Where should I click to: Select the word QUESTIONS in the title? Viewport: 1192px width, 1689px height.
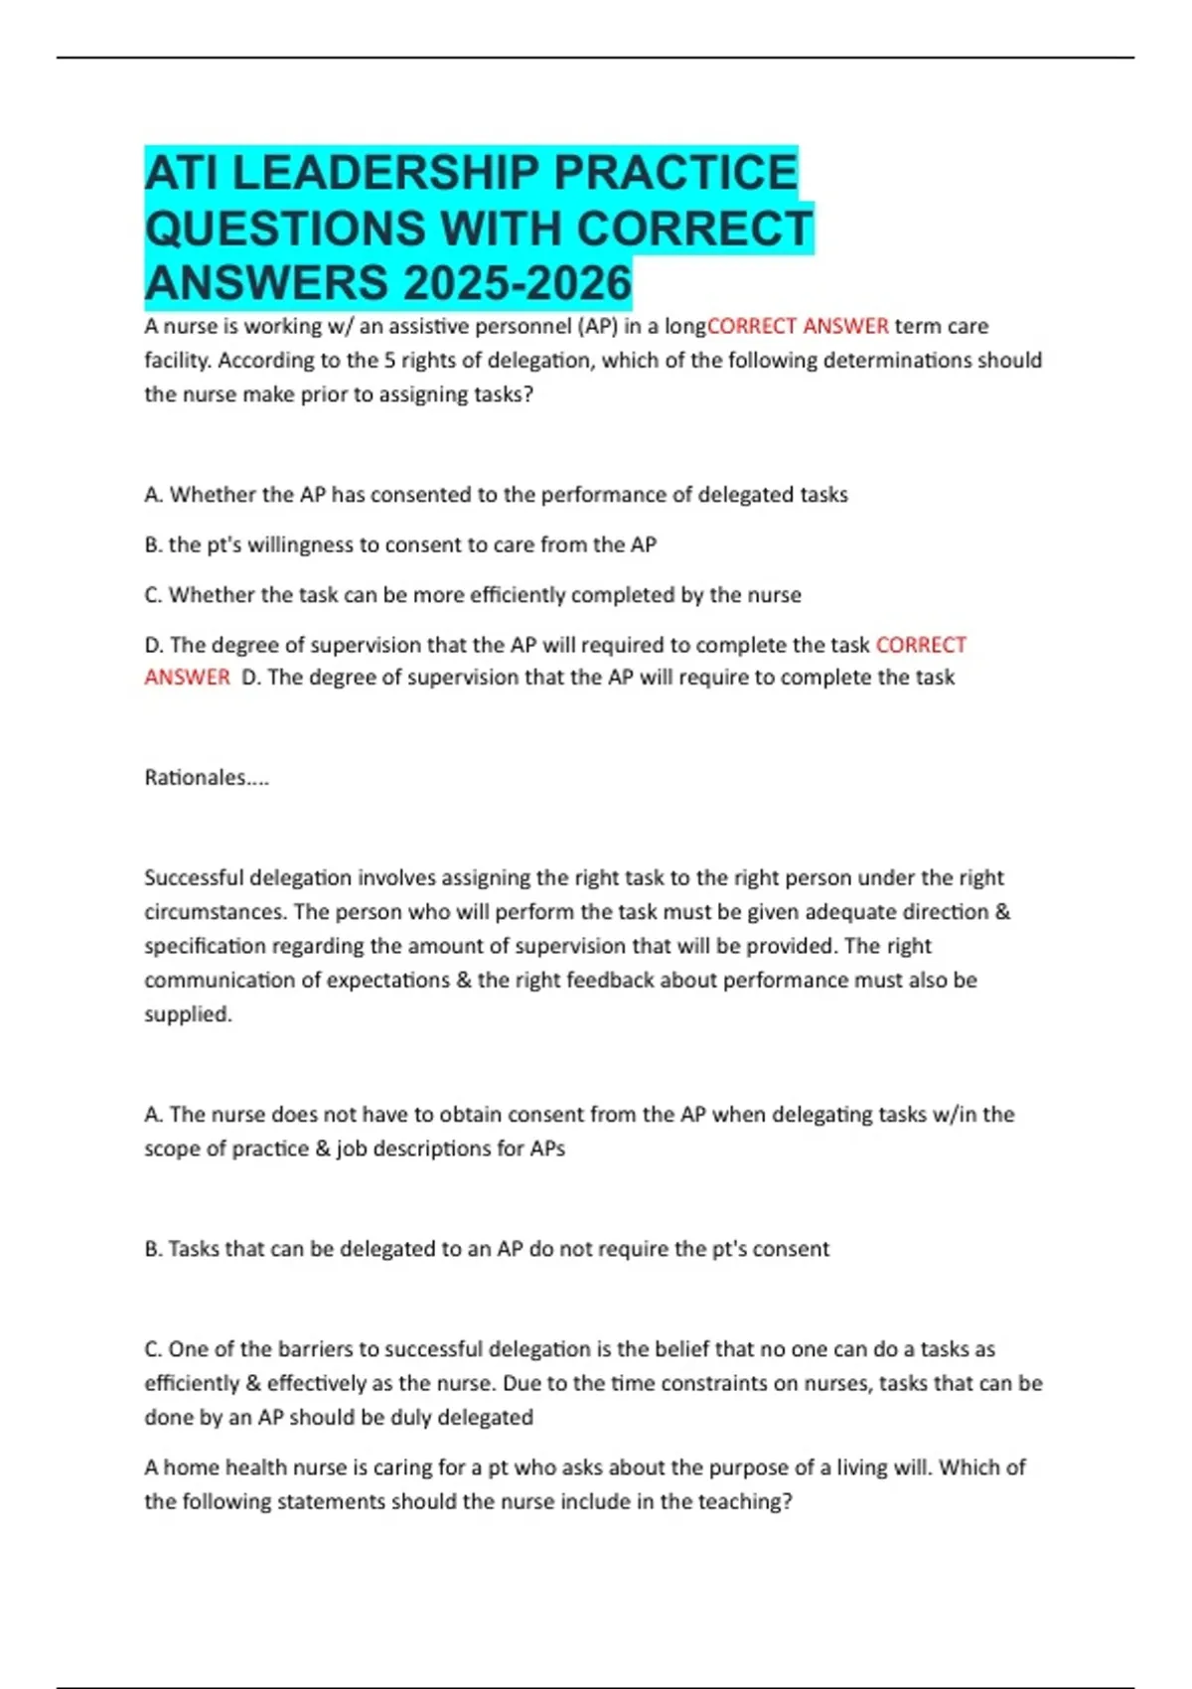284,229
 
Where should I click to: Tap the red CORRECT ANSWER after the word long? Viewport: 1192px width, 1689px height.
798,327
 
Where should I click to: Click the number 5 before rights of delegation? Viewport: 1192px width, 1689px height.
390,361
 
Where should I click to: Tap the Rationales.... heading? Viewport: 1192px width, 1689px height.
207,778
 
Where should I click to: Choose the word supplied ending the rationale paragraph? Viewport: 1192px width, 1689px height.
188,1014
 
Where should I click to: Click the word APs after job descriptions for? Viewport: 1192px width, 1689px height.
547,1149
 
